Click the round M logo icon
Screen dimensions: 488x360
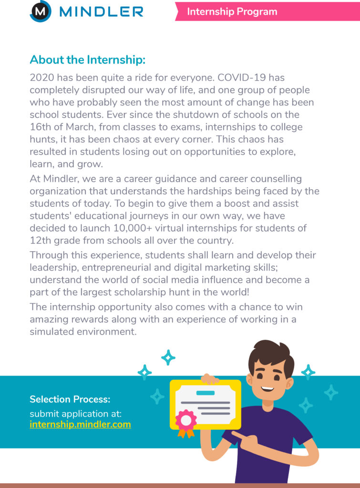click(41, 11)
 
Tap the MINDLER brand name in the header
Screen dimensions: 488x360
click(101, 11)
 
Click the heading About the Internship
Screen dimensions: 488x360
click(87, 60)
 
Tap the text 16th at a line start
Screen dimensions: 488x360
click(40, 127)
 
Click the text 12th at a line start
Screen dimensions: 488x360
click(40, 240)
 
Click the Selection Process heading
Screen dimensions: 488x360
click(70, 399)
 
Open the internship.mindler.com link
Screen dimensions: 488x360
click(80, 424)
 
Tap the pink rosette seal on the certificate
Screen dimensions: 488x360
click(186, 420)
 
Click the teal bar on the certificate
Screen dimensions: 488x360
click(206, 393)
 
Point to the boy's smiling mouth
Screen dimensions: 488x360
click(267, 387)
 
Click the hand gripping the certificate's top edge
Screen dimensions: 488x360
click(209, 379)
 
